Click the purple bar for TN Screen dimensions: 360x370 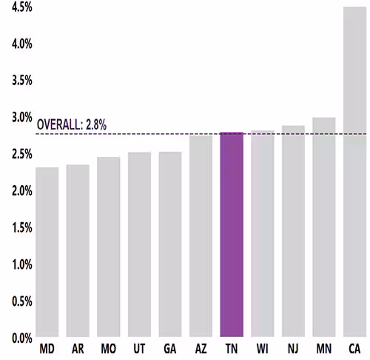click(232, 234)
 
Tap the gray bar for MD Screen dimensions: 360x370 click(47, 252)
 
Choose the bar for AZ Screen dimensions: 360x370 click(201, 236)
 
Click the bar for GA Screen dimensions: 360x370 click(170, 244)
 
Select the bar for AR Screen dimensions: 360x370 click(78, 250)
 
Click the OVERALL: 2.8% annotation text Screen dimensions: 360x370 click(72, 125)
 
